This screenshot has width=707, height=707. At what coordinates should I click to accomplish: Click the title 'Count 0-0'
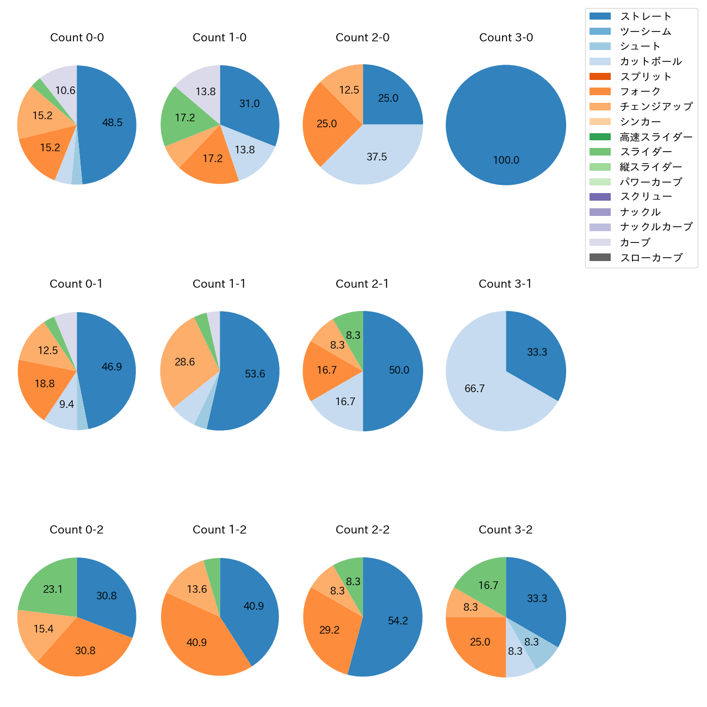coord(77,38)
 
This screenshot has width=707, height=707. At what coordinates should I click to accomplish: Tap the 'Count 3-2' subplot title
coord(505,530)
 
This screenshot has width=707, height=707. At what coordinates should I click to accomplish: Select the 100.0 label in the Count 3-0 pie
coord(506,160)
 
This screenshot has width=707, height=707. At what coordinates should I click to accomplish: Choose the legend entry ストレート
coord(646,16)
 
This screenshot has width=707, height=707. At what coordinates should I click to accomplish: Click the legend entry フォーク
coord(640,91)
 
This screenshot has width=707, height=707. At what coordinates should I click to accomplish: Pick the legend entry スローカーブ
coord(651,258)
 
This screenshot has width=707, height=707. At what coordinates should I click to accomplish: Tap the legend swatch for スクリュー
coord(600,197)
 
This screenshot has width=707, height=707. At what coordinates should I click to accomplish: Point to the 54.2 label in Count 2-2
coord(398,621)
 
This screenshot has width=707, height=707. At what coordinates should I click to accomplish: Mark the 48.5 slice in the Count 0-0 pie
coord(111,123)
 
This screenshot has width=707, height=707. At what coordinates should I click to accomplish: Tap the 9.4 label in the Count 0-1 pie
coord(66,405)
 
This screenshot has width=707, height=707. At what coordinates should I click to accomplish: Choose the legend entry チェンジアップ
coord(656,107)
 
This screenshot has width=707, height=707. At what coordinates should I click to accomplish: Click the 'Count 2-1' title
coord(362,284)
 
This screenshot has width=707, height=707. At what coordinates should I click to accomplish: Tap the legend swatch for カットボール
coord(600,61)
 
